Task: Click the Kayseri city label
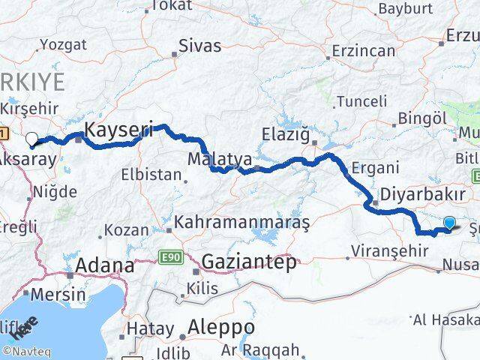[x=118, y=130]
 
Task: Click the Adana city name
[x=105, y=265]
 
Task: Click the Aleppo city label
[x=221, y=328]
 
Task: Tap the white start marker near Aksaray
[x=31, y=139]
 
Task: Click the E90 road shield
[x=172, y=258]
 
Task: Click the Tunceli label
[x=362, y=101]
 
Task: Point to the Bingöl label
[x=423, y=118]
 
